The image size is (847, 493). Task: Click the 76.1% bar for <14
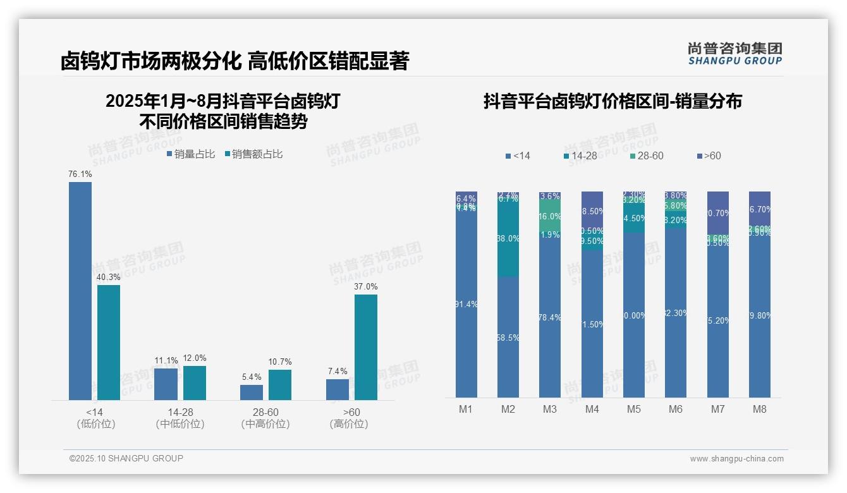tap(80, 291)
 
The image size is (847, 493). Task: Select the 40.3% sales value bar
tap(109, 342)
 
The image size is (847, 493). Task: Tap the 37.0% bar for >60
tap(366, 347)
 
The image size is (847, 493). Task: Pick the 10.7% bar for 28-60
tap(280, 384)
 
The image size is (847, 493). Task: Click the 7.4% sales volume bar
tap(338, 389)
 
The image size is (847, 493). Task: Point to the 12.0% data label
tap(195, 358)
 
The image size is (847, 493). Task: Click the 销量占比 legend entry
tap(191, 154)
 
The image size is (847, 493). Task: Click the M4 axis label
tap(592, 409)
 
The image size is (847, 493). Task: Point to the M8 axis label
tap(759, 409)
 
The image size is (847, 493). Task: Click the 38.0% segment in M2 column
tap(508, 238)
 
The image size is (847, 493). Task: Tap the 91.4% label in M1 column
tap(466, 304)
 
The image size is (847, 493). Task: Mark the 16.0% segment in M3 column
tap(550, 216)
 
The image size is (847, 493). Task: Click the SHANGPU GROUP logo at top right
tap(735, 54)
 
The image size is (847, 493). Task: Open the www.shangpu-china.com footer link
tap(736, 459)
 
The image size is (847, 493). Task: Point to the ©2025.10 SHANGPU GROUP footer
tap(126, 459)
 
